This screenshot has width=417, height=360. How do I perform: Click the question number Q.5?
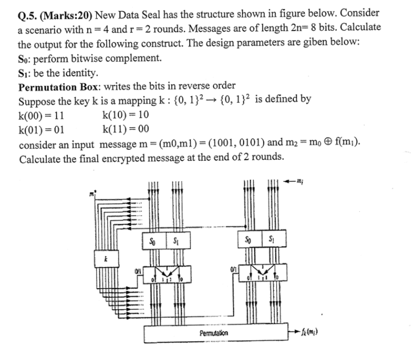pos(29,13)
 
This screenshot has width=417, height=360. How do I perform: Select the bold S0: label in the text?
pos(27,58)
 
